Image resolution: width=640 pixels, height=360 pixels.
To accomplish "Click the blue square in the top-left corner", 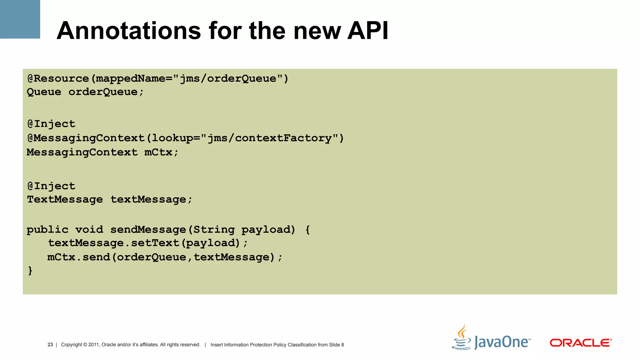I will point(20,19).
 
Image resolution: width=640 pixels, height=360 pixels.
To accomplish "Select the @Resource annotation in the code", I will point(58,78).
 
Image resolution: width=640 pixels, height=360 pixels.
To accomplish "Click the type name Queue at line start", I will point(44,92).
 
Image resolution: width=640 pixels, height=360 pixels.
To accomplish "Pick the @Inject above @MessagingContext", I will point(52,124).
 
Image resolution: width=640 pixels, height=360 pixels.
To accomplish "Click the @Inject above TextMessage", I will point(52,186).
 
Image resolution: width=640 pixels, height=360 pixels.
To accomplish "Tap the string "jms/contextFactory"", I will point(270,138).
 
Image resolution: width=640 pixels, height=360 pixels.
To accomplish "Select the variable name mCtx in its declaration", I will point(158,152).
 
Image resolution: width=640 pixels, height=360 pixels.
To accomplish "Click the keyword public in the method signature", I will point(47,230).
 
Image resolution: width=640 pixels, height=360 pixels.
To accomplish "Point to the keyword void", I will point(89,230).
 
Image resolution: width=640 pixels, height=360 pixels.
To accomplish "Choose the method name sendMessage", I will point(148,230).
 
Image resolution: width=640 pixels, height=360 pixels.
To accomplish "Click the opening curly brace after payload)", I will point(308,230).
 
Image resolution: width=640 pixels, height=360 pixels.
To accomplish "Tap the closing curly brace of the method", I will point(30,270).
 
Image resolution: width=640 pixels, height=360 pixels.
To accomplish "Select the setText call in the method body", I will point(155,243).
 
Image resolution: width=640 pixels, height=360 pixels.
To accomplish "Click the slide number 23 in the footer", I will point(50,345).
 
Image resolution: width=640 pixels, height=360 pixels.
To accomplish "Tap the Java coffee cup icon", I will point(462,338).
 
